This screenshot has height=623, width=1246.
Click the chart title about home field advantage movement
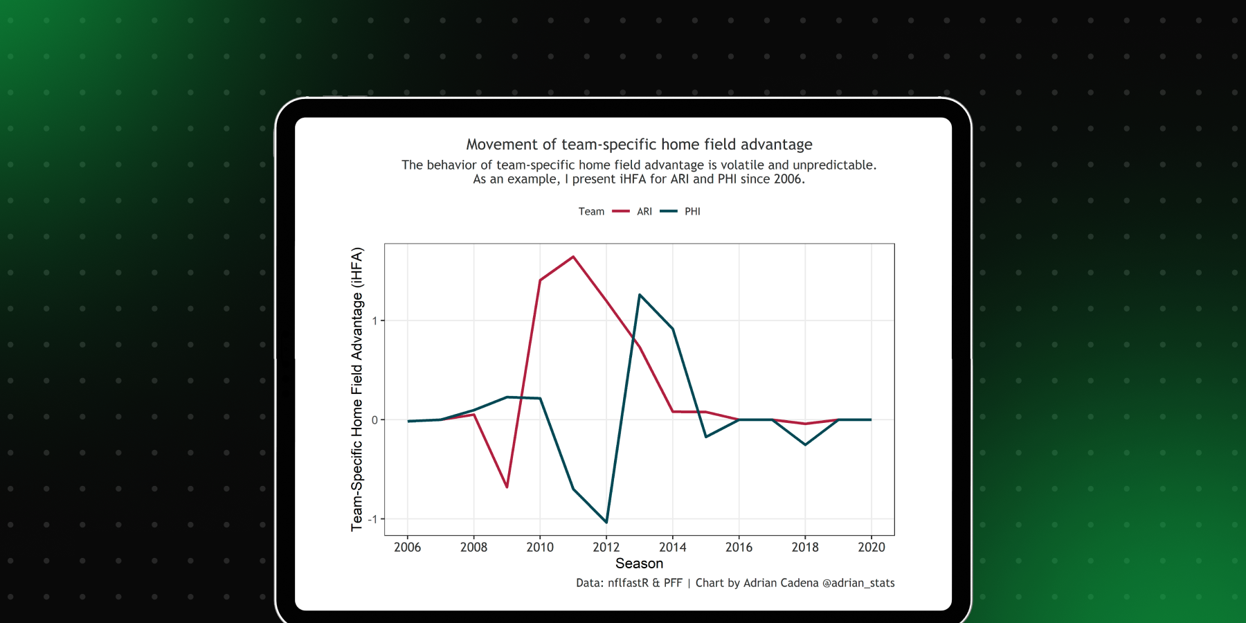click(x=639, y=144)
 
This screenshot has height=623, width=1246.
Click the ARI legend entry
click(x=644, y=211)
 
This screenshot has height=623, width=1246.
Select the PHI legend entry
click(x=692, y=211)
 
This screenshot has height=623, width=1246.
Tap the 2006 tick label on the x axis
click(x=407, y=547)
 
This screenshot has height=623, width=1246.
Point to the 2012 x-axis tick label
click(x=606, y=547)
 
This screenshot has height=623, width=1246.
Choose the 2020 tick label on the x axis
click(x=871, y=547)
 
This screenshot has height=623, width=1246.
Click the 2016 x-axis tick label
click(x=739, y=547)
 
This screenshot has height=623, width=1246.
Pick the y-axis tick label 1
click(x=374, y=320)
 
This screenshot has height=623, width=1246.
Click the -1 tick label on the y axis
click(x=373, y=519)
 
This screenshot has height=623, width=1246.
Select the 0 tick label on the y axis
click(x=374, y=419)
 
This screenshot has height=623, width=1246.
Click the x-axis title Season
click(x=639, y=563)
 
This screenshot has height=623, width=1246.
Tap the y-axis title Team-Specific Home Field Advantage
click(x=356, y=389)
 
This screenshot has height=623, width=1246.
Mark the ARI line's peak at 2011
click(x=573, y=257)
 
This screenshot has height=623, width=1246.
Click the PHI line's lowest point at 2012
click(x=606, y=522)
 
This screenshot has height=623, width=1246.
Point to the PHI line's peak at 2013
click(x=640, y=295)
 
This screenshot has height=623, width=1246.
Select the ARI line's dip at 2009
click(x=507, y=487)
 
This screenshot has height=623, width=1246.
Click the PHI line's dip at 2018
click(x=805, y=444)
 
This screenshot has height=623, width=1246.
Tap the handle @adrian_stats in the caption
click(x=858, y=583)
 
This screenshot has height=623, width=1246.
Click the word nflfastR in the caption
click(x=628, y=583)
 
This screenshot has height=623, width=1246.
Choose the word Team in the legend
click(x=591, y=211)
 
